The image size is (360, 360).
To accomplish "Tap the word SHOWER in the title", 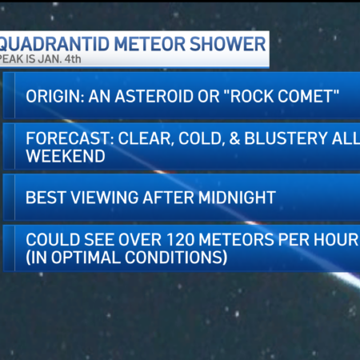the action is [x=228, y=44].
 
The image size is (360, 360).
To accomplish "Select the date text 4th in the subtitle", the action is [x=73, y=59].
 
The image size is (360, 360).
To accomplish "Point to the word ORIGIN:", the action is [x=55, y=96].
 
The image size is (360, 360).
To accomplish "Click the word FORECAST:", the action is [x=70, y=138].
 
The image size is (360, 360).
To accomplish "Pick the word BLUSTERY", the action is [x=286, y=138].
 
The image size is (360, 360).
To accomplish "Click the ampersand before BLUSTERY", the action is [x=234, y=138].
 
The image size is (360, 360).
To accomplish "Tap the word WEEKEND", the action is [x=66, y=156].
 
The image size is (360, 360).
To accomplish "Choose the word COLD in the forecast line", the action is [x=200, y=138].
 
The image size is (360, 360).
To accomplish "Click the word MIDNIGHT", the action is [x=237, y=198].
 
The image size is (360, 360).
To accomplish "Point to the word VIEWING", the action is [x=105, y=198].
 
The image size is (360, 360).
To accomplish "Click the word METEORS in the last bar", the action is [x=236, y=239].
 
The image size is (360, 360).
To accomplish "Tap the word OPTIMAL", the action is [x=86, y=258].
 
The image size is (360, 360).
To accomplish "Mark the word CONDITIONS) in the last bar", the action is [x=176, y=258].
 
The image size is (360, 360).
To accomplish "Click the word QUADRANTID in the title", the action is [x=54, y=44].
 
